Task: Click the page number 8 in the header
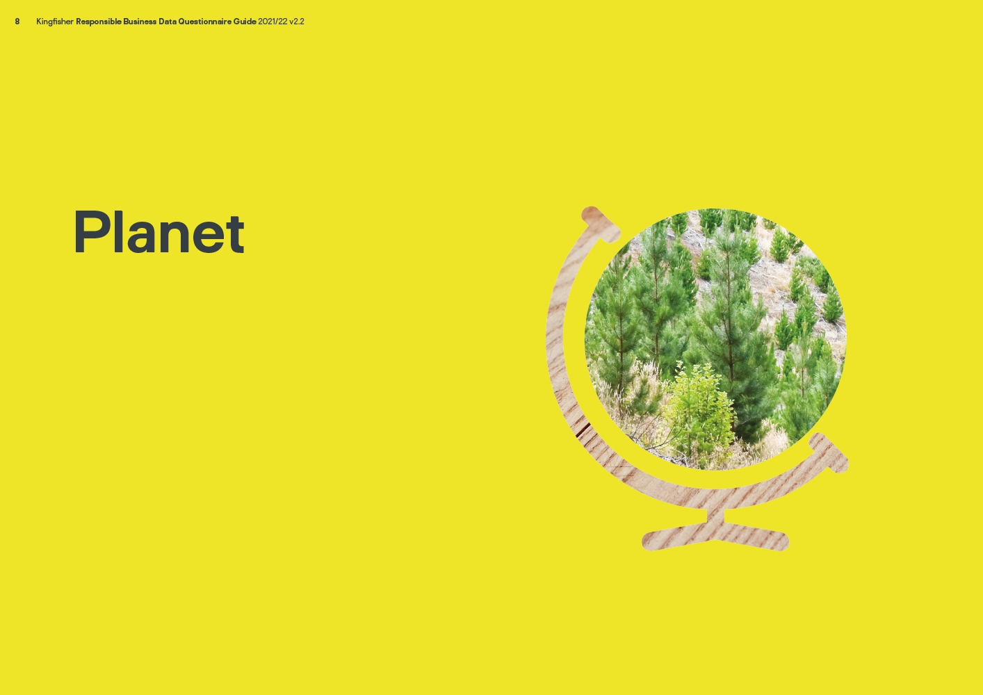pos(17,22)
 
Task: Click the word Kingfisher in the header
pos(55,22)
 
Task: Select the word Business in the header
pos(140,22)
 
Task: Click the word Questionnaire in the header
pos(205,22)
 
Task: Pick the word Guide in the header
pos(245,22)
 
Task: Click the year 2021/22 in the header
pos(273,22)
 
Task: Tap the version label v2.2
pos(297,22)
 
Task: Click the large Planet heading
pos(159,232)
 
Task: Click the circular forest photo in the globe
pos(716,339)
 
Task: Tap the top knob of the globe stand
pos(601,224)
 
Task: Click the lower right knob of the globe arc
pos(829,453)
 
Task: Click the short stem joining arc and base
pos(716,516)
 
